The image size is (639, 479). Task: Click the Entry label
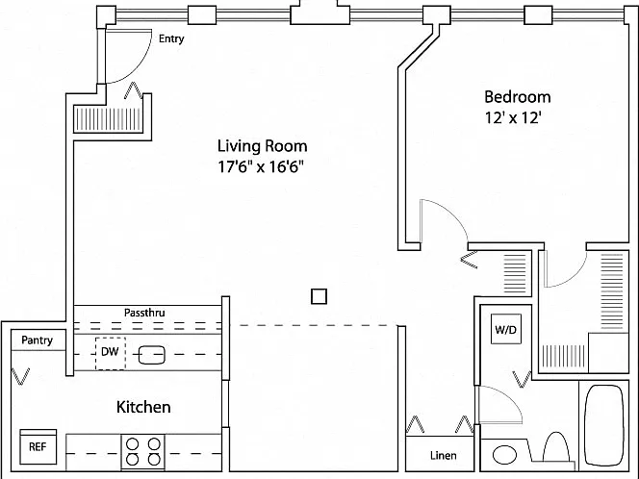(x=171, y=38)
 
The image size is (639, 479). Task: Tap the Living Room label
(x=262, y=146)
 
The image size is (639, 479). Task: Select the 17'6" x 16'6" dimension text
(x=261, y=166)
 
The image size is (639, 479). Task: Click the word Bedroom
(x=517, y=97)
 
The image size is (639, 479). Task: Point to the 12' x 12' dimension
(x=513, y=117)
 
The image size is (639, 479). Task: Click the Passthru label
(x=144, y=313)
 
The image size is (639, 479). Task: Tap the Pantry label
(x=38, y=340)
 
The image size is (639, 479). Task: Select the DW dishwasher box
(x=111, y=354)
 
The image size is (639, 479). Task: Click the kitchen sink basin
(x=152, y=355)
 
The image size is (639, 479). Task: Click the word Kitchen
(x=143, y=407)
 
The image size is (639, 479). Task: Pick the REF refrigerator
(x=38, y=446)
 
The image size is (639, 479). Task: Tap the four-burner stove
(x=143, y=452)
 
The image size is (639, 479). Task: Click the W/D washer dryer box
(x=506, y=329)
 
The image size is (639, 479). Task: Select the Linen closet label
(x=443, y=455)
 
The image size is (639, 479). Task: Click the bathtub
(x=604, y=424)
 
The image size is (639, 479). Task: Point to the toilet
(x=556, y=448)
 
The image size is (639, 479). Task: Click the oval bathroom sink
(x=504, y=455)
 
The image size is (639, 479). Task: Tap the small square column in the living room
(x=319, y=296)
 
